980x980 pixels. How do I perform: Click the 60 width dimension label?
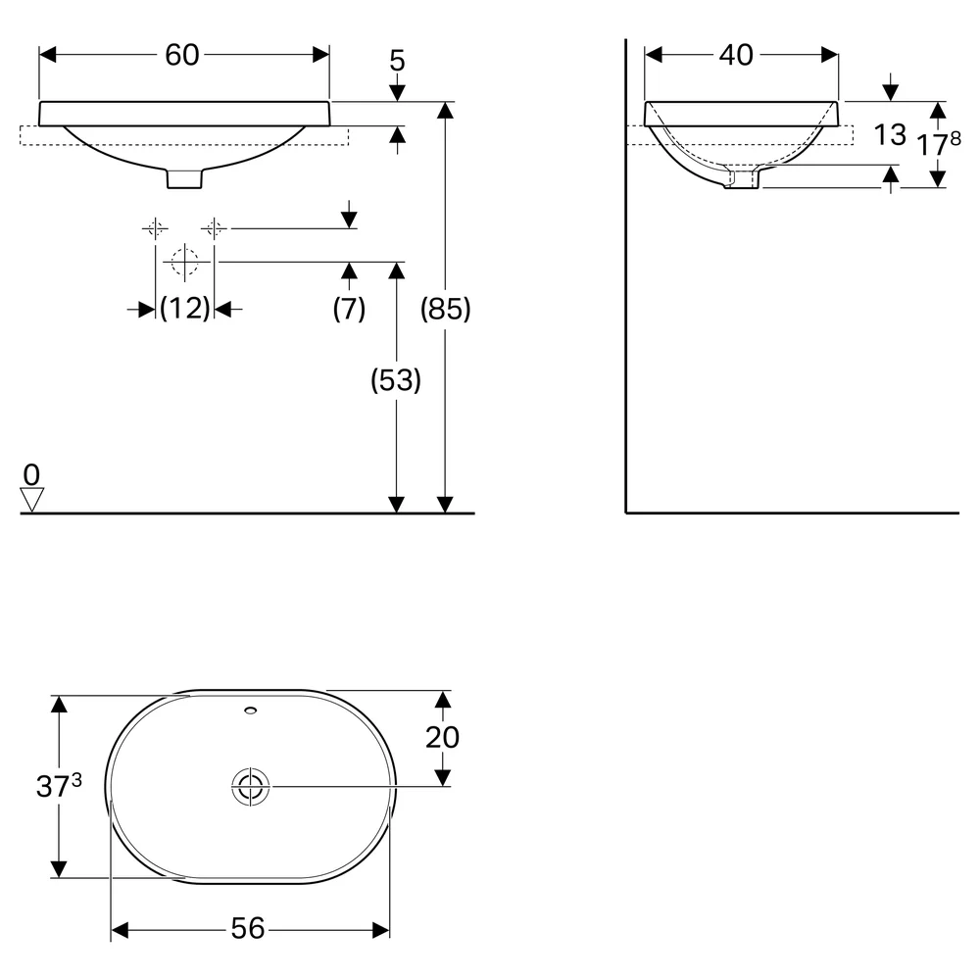[182, 55]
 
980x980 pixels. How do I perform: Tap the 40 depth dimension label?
[736, 55]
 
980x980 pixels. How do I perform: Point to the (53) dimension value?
[396, 380]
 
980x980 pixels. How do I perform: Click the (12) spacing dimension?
[185, 308]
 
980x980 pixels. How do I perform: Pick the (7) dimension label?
[349, 308]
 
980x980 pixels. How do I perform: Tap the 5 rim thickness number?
[397, 61]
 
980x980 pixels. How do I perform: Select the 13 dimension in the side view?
[890, 134]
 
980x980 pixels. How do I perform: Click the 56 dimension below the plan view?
[248, 929]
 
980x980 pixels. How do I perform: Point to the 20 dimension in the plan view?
[443, 738]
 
